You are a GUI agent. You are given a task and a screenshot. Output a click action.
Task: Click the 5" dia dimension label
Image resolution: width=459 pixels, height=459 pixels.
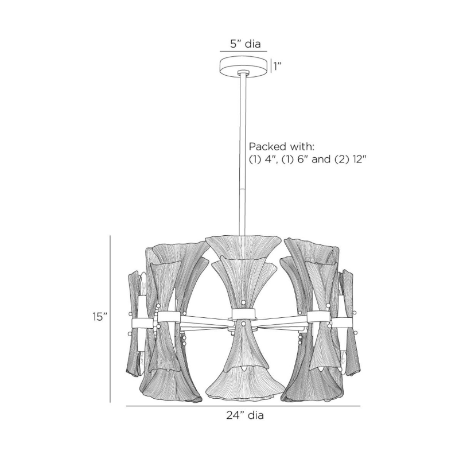(245, 44)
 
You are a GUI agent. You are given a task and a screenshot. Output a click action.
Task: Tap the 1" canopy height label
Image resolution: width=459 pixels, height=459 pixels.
(277, 67)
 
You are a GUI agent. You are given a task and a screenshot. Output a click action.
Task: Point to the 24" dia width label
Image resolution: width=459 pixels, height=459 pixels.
(245, 415)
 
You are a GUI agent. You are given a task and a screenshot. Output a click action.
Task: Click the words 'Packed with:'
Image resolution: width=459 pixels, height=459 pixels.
(281, 146)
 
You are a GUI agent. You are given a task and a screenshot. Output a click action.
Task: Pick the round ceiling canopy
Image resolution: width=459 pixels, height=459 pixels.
(243, 67)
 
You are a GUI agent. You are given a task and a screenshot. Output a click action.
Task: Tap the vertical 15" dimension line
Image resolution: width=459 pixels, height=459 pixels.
(110, 319)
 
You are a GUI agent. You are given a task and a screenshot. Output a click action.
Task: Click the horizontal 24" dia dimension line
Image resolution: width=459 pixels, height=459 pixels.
(243, 406)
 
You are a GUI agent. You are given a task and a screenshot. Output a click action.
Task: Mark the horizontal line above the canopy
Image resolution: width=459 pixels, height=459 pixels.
(243, 52)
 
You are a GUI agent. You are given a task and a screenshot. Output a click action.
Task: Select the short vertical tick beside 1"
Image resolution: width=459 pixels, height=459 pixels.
(271, 67)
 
